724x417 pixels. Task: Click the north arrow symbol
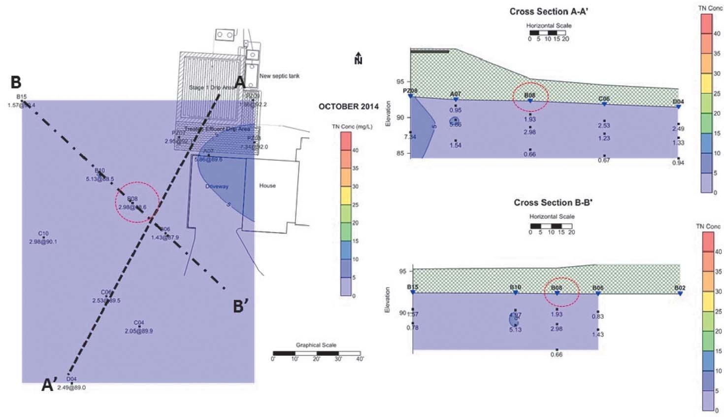click(358, 58)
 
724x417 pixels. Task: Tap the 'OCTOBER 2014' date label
click(348, 106)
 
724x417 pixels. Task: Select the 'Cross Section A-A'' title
click(549, 11)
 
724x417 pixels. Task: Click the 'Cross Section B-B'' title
click(553, 203)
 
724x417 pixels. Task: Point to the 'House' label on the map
click(267, 186)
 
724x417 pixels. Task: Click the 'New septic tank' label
click(279, 76)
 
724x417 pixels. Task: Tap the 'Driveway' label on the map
click(217, 186)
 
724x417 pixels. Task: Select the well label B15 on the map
click(21, 97)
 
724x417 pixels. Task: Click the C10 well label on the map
click(43, 234)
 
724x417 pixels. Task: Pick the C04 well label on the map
click(139, 323)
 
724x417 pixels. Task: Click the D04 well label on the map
click(71, 379)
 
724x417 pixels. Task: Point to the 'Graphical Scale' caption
click(316, 345)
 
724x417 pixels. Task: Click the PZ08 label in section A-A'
click(410, 91)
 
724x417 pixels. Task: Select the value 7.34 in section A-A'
click(410, 137)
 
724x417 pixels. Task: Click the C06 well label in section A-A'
click(604, 99)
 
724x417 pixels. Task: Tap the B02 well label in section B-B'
click(680, 288)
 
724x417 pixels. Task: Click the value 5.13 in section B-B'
click(515, 329)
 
